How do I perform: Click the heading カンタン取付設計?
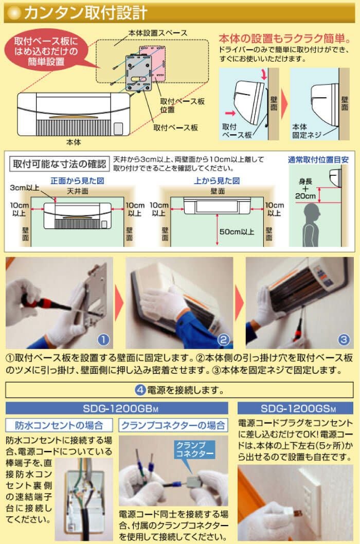[x=85, y=13]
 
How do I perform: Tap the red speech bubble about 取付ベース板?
[x=46, y=51]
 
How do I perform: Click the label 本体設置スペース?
[x=158, y=33]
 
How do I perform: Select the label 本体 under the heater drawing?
[x=73, y=142]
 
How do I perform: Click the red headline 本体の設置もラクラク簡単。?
[x=285, y=39]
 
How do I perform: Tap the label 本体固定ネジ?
[x=306, y=131]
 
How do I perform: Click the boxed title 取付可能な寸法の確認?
[x=59, y=164]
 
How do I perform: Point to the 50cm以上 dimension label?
[x=237, y=231]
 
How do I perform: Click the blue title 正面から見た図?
[x=77, y=180]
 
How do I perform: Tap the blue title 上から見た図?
[x=217, y=180]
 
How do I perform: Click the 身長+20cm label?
[x=305, y=189]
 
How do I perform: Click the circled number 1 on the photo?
[x=103, y=339]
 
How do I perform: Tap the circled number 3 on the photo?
[x=344, y=339]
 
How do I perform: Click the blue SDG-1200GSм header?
[x=295, y=408]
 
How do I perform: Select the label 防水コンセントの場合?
[x=59, y=425]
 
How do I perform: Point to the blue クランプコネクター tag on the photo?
[x=195, y=449]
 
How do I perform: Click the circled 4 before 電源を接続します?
[x=140, y=390]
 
